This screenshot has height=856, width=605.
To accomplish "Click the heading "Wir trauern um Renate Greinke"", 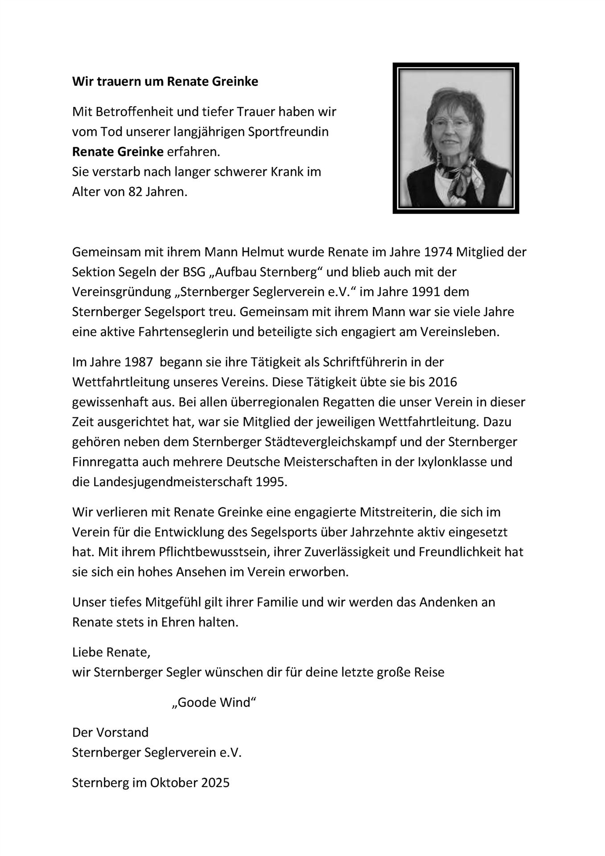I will coord(165,82).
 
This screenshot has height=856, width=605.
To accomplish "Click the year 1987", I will coord(137,362).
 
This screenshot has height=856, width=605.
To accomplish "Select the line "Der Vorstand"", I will coord(110,732).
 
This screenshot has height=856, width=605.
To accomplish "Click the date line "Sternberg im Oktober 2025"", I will coord(151,782).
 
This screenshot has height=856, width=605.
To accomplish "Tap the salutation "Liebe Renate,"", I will coord(111,652).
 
